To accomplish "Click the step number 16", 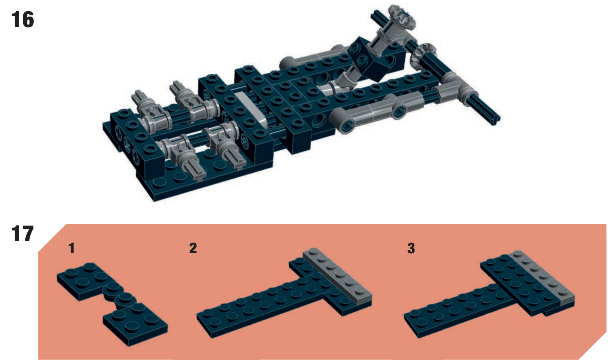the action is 23,20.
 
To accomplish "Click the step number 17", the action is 22,234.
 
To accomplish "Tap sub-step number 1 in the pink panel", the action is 71,248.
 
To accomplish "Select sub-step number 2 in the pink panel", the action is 193,248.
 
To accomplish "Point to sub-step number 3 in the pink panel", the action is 411,248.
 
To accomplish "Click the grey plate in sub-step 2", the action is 338,275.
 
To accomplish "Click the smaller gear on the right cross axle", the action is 422,55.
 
